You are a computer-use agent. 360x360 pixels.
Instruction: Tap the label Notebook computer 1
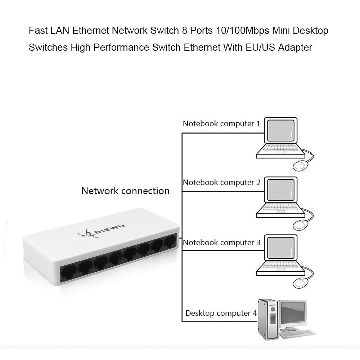tap(221, 124)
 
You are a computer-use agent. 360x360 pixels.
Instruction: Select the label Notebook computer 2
tap(221, 182)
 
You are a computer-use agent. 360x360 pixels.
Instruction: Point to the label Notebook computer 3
tap(221, 242)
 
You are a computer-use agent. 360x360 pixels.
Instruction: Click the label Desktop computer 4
tap(221, 313)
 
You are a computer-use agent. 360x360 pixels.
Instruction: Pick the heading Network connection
tap(125, 190)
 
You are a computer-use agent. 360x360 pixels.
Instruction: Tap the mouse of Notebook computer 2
tap(301, 225)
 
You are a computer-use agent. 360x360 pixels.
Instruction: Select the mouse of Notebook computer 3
tap(301, 284)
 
